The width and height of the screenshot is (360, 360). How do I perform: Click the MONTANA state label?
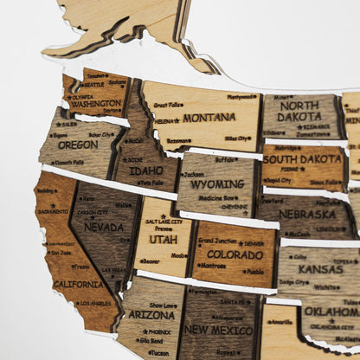click(x=208, y=117)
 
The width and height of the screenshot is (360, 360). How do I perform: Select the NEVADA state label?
click(x=104, y=227)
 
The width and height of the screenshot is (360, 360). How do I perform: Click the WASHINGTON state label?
click(x=96, y=104)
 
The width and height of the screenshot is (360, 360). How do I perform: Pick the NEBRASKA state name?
click(x=307, y=214)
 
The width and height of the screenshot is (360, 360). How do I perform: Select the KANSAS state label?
click(x=316, y=270)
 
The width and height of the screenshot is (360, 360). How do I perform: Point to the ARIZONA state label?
click(x=152, y=315)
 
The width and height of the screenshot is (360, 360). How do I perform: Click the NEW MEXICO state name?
click(x=218, y=329)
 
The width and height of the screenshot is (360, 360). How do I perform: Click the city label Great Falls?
click(x=169, y=105)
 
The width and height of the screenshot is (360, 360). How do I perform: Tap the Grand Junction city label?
click(x=217, y=241)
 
